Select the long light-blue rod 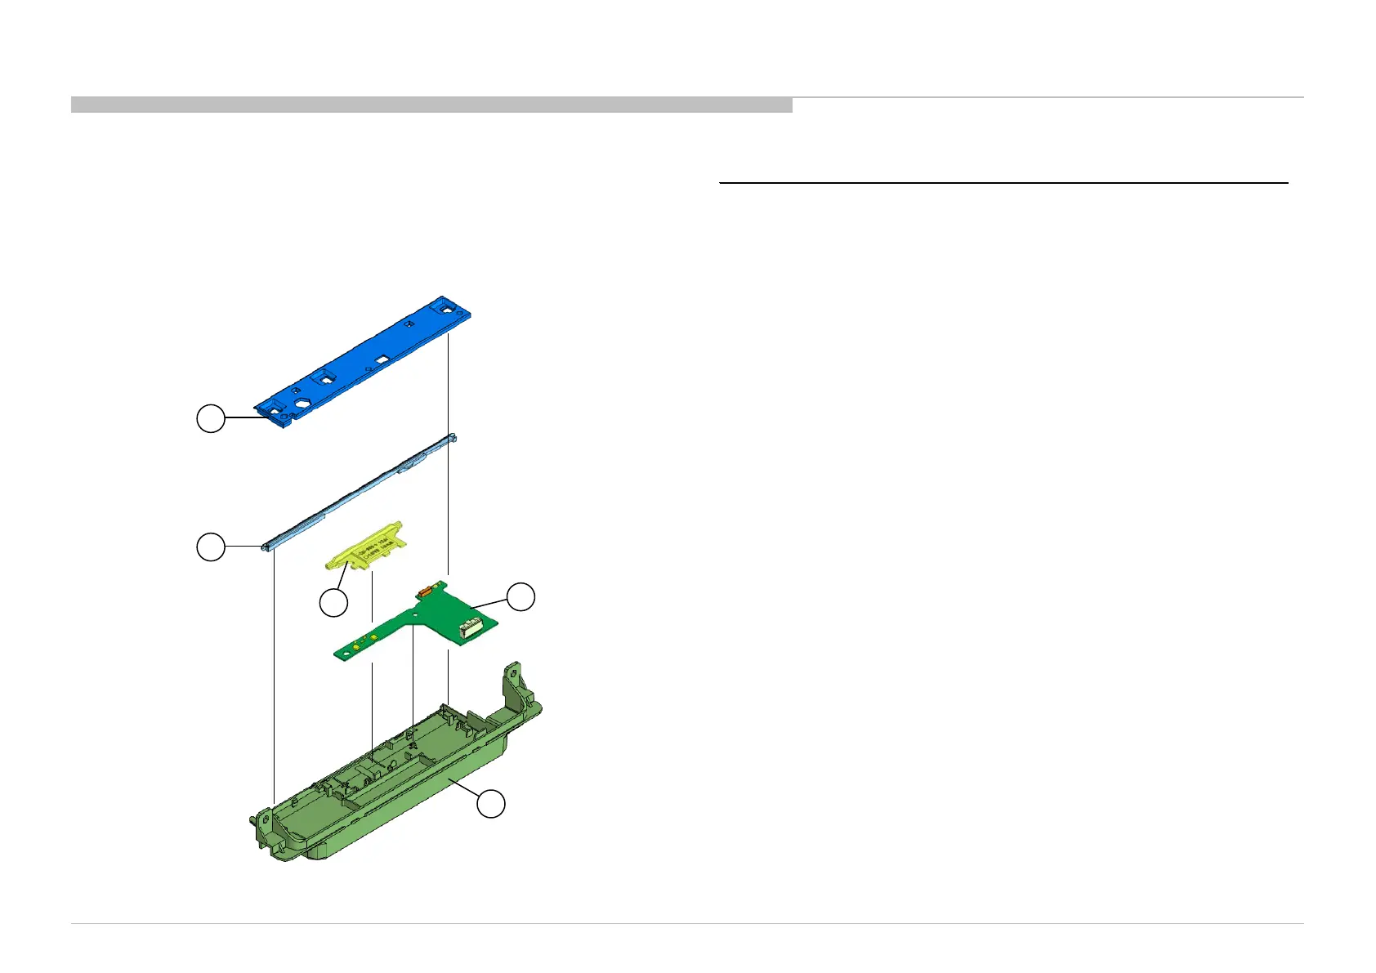coord(360,493)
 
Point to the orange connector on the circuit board coord(423,589)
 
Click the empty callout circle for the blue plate coord(210,418)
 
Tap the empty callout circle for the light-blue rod coord(210,547)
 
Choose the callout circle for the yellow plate coord(333,603)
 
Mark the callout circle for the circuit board coord(520,596)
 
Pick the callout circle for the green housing coord(490,805)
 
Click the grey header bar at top coord(431,105)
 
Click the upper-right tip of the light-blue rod coord(452,438)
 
